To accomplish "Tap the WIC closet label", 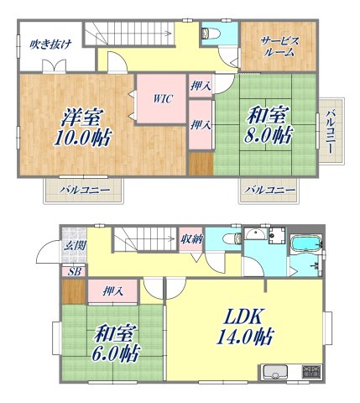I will tap(162, 99).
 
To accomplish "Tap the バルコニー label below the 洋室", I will tap(84, 191).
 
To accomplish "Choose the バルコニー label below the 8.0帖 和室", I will tap(270, 191).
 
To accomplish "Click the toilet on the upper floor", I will tap(210, 34).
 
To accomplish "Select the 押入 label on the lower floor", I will tap(113, 291).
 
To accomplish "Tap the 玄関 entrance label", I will tap(73, 245).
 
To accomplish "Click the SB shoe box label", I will tap(74, 271).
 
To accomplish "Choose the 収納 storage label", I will tap(190, 239).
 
